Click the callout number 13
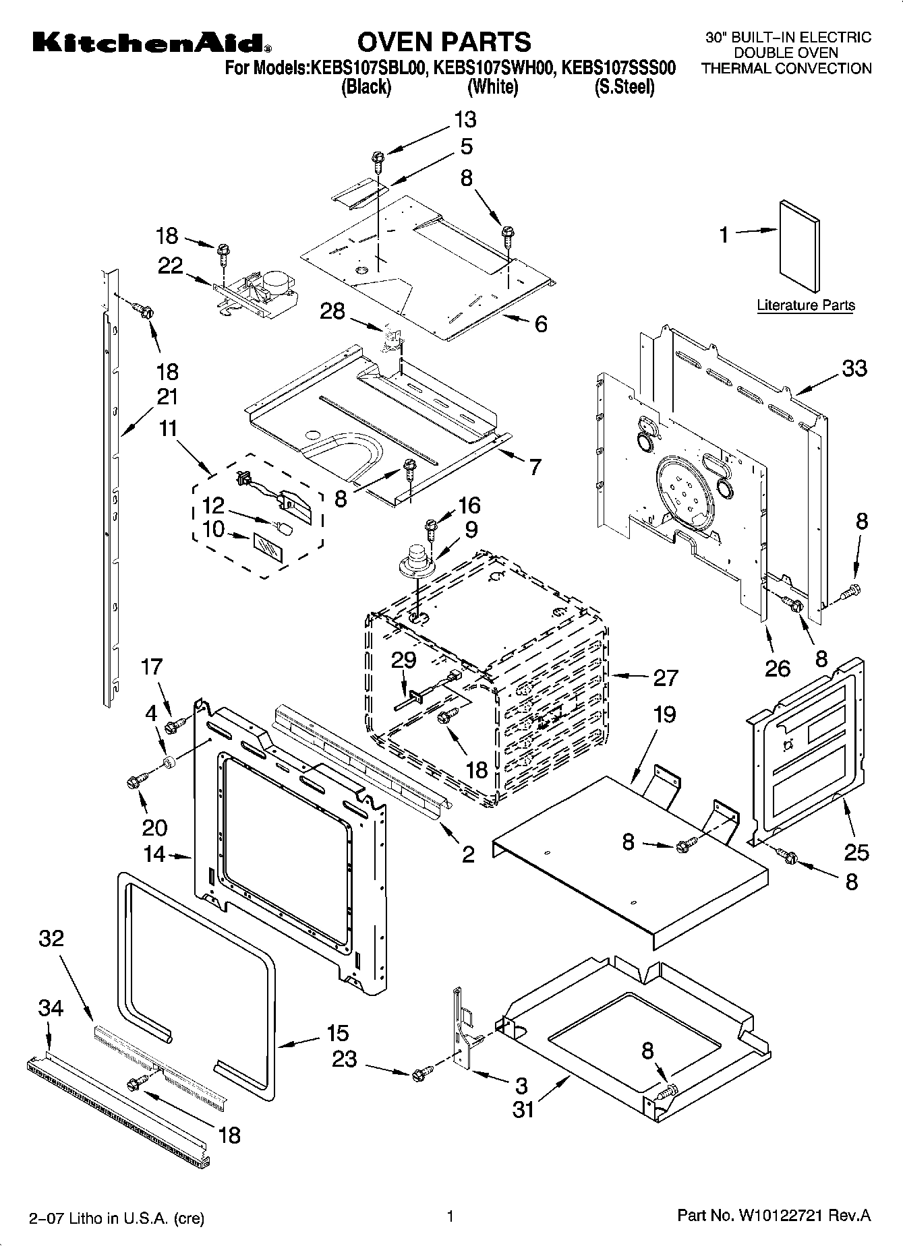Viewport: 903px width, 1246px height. point(465,120)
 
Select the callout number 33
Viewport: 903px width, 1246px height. point(854,369)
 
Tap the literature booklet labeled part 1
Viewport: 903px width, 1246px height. point(799,247)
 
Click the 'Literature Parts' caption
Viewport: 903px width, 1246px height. point(805,305)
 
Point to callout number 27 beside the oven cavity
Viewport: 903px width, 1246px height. point(665,677)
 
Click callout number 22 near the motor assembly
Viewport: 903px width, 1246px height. point(170,266)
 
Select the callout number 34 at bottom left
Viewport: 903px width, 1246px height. point(51,1009)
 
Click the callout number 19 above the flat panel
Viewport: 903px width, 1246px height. point(664,714)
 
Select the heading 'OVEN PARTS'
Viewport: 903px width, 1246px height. point(444,42)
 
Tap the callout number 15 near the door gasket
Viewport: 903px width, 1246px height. point(337,1032)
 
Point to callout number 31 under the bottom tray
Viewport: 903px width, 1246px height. point(523,1109)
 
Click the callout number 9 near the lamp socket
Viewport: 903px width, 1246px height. point(471,530)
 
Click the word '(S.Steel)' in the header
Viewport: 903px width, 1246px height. point(624,87)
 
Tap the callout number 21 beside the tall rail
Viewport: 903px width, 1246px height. point(167,397)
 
